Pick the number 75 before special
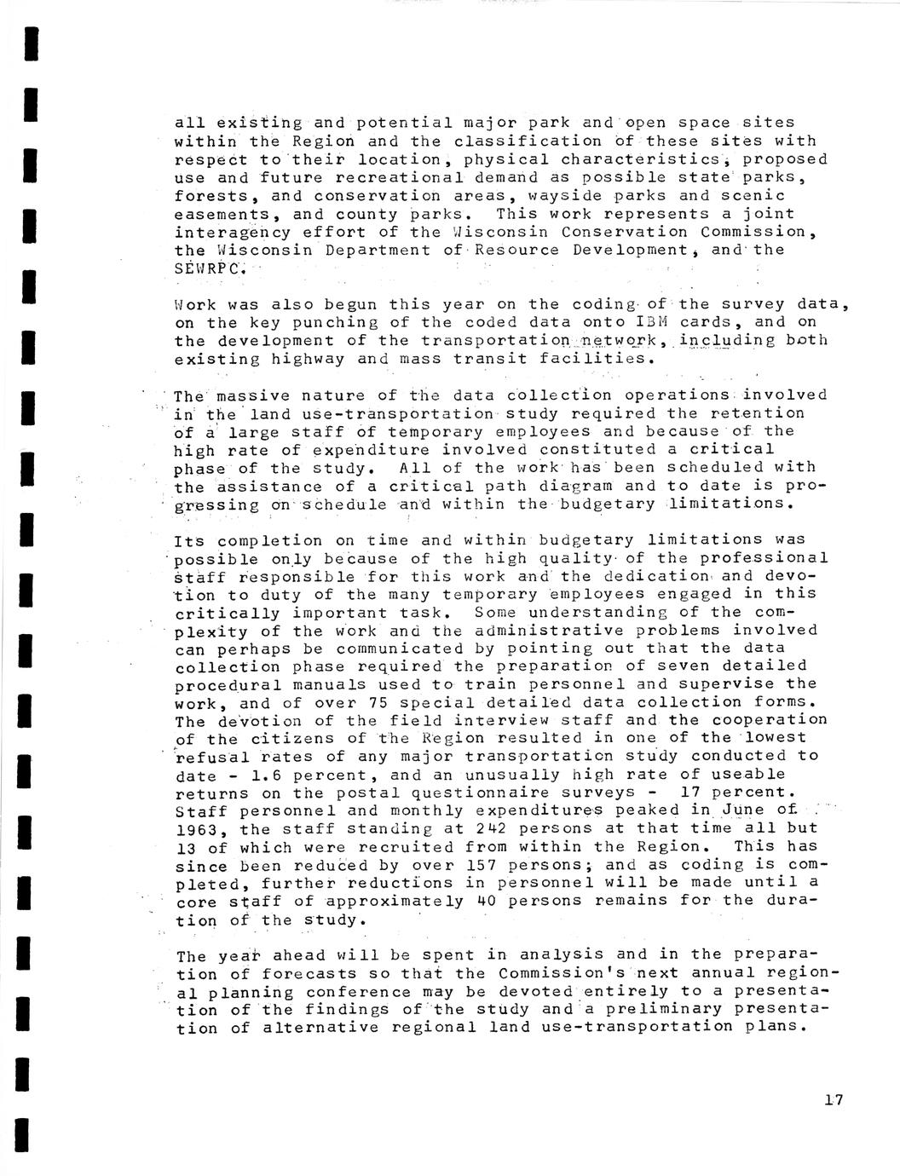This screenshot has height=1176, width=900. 378,702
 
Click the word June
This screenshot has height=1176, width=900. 738,810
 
